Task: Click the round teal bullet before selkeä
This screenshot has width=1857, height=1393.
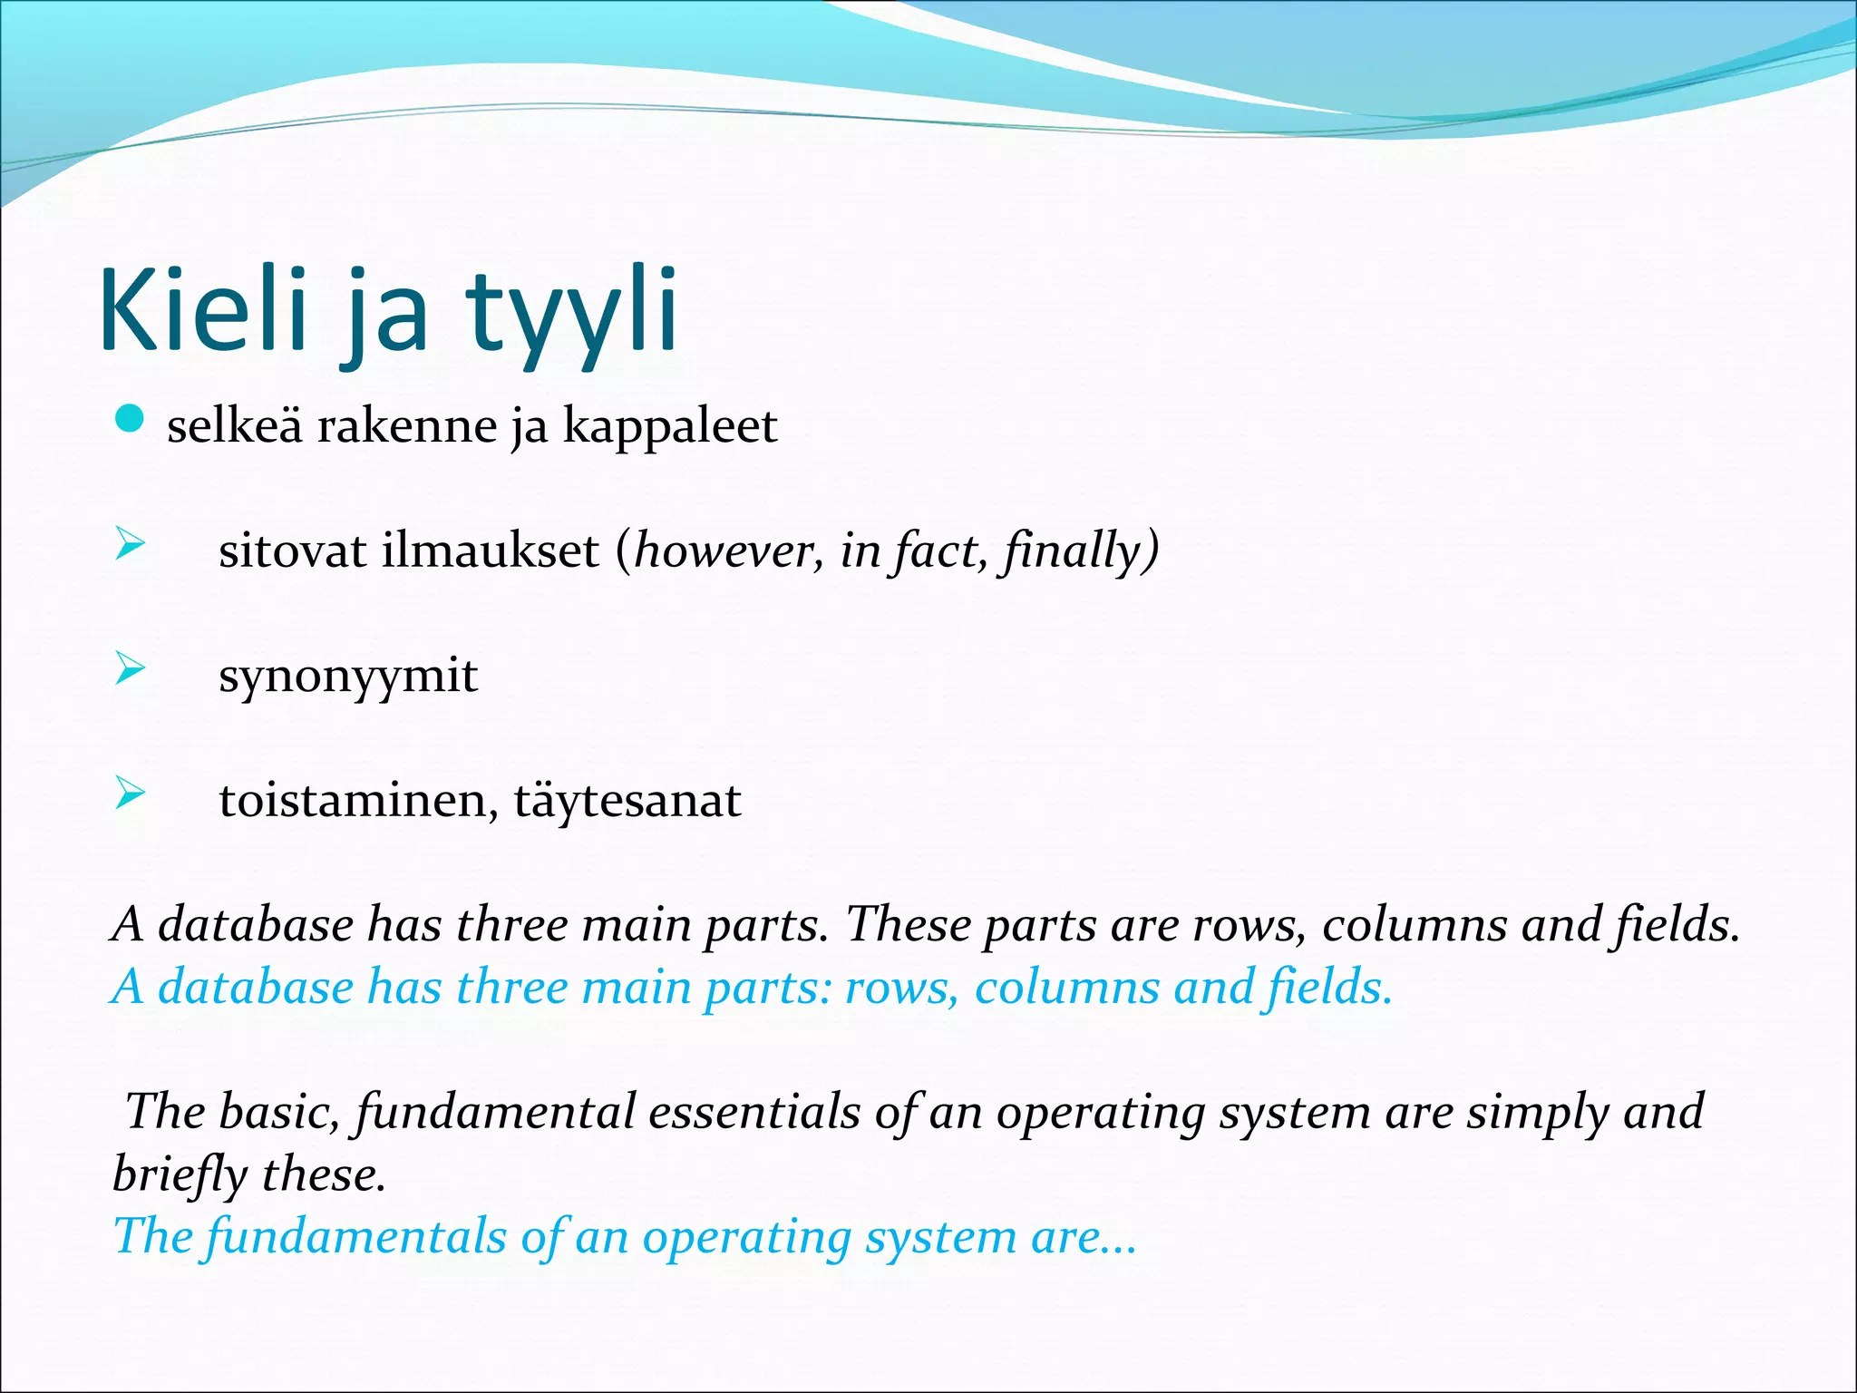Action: tap(131, 420)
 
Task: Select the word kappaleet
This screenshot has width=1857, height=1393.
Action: tap(669, 426)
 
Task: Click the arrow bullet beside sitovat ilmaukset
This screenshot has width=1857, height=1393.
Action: tap(130, 545)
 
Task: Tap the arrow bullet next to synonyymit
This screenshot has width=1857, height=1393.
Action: tap(130, 669)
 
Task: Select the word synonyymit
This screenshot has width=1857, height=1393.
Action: tap(347, 677)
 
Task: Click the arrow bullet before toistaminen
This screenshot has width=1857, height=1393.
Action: tap(130, 794)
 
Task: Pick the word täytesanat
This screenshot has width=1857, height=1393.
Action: tap(627, 801)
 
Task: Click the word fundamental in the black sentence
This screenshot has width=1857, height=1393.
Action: tap(495, 1113)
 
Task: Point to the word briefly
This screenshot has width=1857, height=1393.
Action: tap(180, 1175)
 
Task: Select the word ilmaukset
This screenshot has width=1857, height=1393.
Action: tap(490, 550)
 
